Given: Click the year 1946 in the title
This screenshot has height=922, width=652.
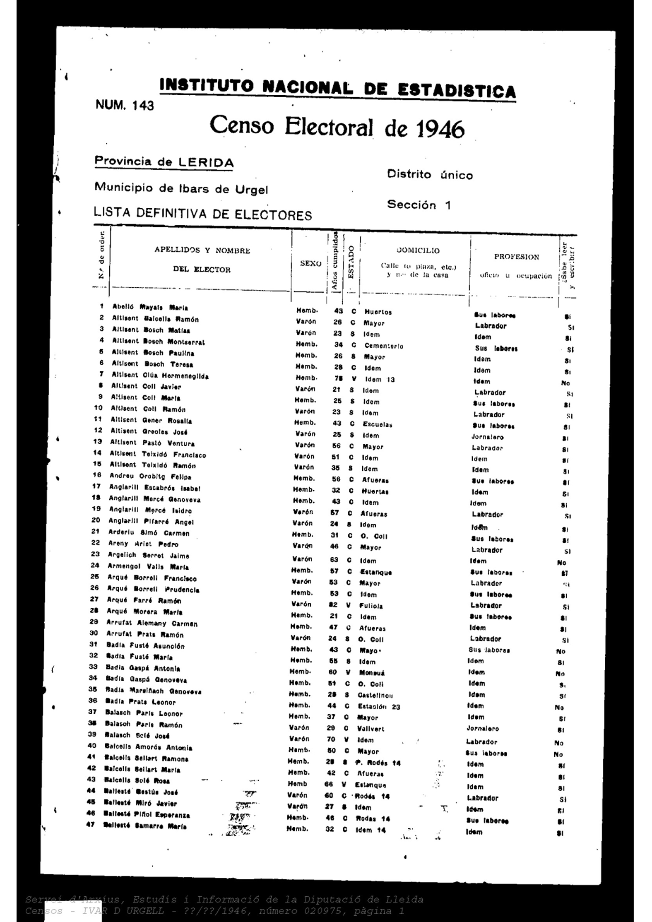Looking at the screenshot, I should coord(440,129).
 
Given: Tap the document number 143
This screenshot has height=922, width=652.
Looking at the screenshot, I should coord(143,106).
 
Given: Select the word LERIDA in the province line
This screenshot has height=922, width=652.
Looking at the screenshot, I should coord(205,163).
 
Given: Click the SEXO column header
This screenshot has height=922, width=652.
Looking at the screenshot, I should coord(310,263).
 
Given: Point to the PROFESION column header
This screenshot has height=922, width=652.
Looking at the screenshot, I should coord(516,257).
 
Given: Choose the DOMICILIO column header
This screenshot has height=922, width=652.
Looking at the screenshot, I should coord(418,250).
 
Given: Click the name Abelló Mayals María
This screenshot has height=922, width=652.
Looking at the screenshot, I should coord(150,307).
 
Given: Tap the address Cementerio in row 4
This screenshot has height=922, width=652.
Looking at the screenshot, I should coord(383,346).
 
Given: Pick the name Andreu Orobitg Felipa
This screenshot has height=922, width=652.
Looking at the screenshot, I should coord(150,476).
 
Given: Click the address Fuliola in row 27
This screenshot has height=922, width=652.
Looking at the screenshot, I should coord(371,606).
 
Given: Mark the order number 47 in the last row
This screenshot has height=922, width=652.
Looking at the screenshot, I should coord(90,824).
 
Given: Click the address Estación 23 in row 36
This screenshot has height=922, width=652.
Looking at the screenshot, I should coord(379,707).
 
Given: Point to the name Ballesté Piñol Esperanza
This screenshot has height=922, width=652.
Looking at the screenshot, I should coord(147,815).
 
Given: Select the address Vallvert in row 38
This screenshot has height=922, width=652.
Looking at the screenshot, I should coord(371,729).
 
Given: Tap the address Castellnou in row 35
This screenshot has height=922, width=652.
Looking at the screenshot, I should coord(375,695).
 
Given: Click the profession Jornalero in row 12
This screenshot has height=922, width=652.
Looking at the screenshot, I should coord(487,437).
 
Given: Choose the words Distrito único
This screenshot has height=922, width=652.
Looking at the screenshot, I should coord(430,175).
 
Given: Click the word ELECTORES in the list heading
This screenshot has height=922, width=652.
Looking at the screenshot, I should coord(273,215).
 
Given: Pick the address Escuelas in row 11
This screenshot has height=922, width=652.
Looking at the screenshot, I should coord(377,424).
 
